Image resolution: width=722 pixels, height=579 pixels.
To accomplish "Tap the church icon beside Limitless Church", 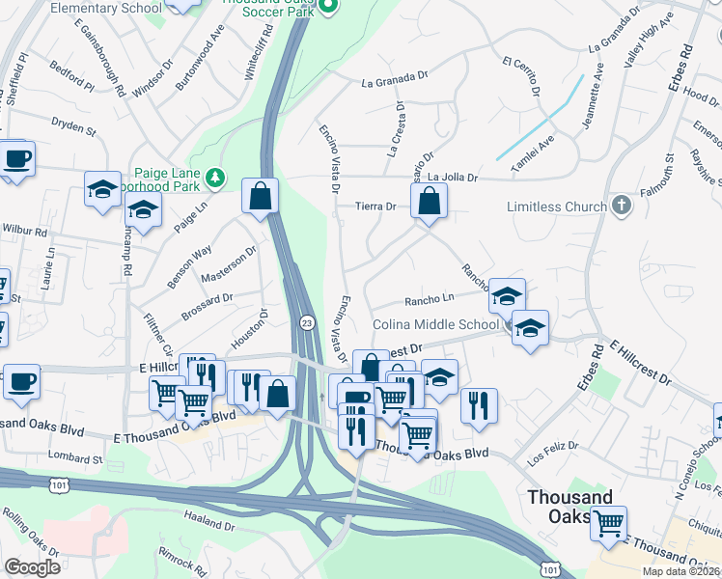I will click(x=622, y=205).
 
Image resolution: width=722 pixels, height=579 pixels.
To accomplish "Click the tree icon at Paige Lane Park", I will click(x=214, y=177).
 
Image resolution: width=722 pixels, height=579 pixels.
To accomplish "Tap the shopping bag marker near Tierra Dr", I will click(x=429, y=202).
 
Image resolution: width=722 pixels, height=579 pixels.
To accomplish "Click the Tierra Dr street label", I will click(x=376, y=206).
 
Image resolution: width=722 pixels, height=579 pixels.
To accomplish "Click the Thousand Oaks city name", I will click(x=569, y=507).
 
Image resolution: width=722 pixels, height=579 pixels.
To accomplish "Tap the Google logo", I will click(x=32, y=567).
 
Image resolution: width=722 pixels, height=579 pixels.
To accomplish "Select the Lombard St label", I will click(x=77, y=459).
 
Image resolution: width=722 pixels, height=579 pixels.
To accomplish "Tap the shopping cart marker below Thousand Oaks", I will click(x=608, y=523).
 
